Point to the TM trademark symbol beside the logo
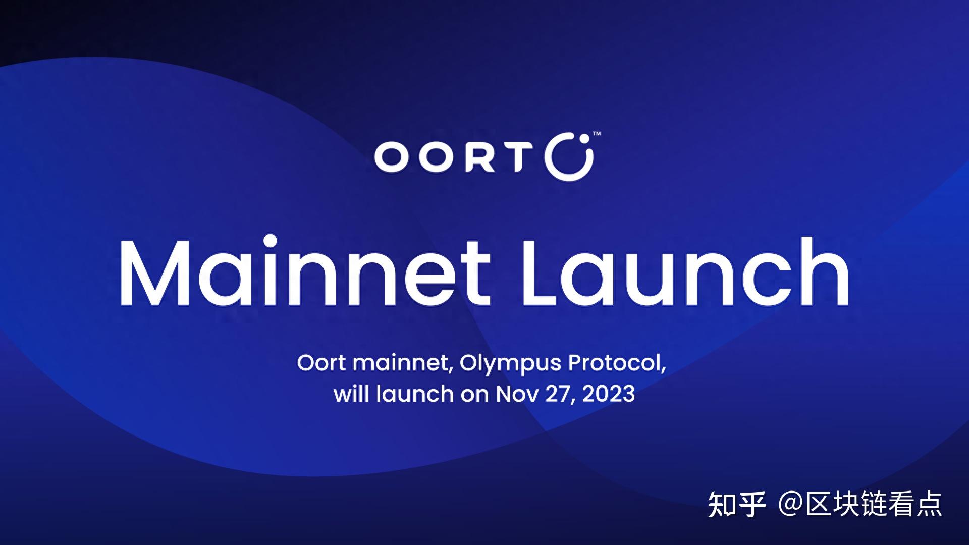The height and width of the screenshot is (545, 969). [596, 134]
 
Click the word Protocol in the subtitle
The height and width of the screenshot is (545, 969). [617, 363]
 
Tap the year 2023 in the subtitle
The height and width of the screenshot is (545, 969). [608, 394]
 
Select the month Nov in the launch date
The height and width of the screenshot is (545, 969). [517, 394]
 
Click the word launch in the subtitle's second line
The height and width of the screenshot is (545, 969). [414, 393]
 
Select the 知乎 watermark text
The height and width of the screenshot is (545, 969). [737, 505]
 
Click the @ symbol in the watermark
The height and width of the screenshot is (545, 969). [790, 505]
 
